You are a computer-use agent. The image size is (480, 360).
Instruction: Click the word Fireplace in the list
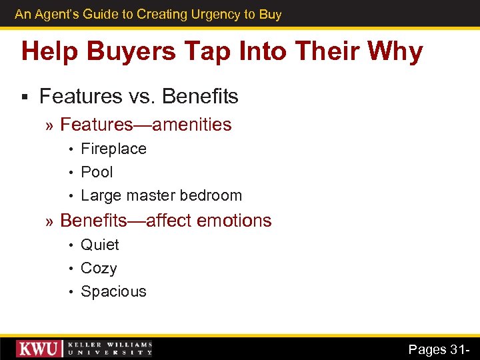113,149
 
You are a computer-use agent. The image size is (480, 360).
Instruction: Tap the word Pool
97,172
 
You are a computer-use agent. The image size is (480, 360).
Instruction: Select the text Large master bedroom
161,195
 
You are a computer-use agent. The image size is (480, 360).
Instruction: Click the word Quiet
100,245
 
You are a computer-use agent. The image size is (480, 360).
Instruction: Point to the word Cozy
99,269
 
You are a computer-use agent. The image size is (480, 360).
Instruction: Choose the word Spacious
113,291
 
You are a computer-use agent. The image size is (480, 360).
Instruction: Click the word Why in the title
393,52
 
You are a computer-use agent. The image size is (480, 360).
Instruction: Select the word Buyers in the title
136,52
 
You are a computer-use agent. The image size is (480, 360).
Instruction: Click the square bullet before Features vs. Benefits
24,97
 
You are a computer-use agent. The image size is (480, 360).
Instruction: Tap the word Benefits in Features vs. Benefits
200,97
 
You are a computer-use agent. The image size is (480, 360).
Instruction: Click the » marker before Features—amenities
50,125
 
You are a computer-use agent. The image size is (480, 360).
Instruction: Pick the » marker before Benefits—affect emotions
50,221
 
